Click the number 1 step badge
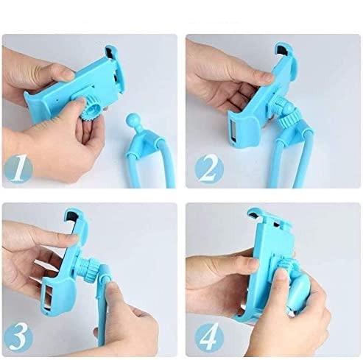18,169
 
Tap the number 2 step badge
209,169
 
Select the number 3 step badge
18,337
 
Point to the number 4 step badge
209,337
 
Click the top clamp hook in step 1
111,52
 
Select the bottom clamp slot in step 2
233,131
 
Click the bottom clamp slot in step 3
48,296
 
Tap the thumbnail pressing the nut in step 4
281,275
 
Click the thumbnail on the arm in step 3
112,286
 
